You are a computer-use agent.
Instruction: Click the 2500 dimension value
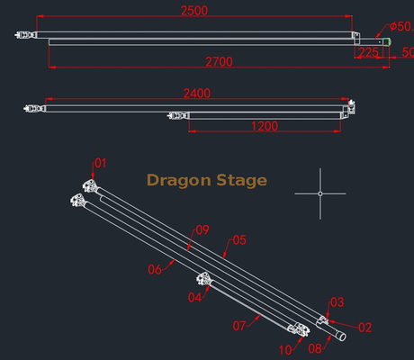[x=194, y=11]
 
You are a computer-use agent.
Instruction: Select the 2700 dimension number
[x=219, y=62]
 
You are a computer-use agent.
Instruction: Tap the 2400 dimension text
[x=197, y=94]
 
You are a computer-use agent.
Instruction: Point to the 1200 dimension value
[x=265, y=126]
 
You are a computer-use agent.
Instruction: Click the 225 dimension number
[x=368, y=52]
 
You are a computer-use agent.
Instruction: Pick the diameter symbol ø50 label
[x=401, y=26]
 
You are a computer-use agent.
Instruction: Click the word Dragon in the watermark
[x=179, y=181]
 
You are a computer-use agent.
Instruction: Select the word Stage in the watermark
[x=241, y=181]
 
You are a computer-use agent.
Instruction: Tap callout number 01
[x=101, y=164]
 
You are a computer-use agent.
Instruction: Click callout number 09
[x=202, y=230]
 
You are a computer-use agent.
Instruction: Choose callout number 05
[x=239, y=240]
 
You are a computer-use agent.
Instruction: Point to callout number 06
[x=155, y=269]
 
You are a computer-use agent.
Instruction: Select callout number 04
[x=194, y=298]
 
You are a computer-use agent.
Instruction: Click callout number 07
[x=239, y=326]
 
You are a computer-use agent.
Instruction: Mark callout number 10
[x=285, y=350]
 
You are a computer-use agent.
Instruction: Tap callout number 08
[x=315, y=348]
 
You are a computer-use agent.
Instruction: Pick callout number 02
[x=365, y=328]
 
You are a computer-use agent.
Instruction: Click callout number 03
[x=337, y=302]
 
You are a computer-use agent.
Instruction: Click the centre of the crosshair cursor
[x=320, y=193]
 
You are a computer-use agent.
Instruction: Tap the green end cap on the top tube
[x=387, y=42]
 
